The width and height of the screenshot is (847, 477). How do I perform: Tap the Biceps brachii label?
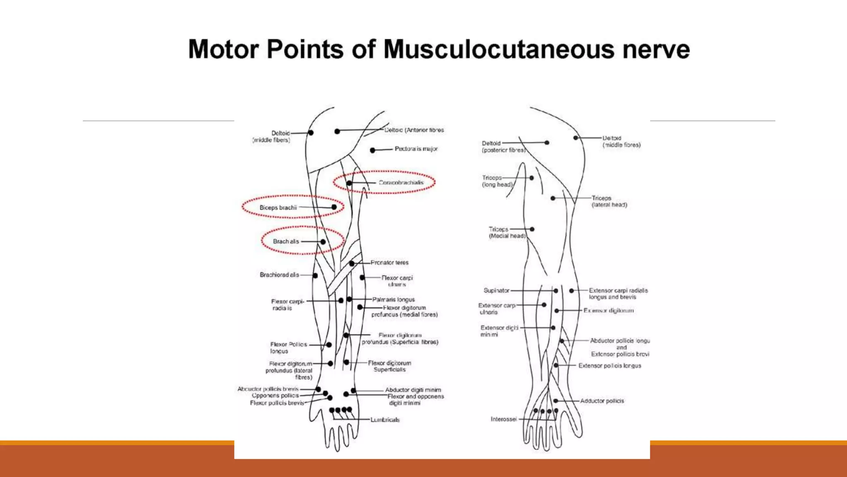point(278,207)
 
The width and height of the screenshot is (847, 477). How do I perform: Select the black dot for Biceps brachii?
point(334,207)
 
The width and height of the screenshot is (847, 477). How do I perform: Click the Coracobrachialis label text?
point(401,183)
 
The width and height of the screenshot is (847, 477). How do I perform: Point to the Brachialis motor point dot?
point(323,242)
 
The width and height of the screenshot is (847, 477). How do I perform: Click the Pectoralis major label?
point(416,149)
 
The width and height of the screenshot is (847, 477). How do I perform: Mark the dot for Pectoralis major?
point(373,150)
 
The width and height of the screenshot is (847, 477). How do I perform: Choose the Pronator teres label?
point(390,263)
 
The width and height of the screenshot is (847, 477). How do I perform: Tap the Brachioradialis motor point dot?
point(315,276)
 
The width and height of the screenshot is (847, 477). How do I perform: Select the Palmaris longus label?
point(393,299)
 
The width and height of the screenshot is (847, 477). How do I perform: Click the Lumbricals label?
point(385,420)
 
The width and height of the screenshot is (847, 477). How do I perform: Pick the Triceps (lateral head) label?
point(609,202)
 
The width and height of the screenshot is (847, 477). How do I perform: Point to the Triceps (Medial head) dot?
point(532,229)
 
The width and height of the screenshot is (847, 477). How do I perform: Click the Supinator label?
point(497,291)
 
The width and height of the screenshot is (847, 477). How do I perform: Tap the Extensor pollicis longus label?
point(610,366)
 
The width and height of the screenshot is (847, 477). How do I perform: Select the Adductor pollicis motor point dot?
point(556,401)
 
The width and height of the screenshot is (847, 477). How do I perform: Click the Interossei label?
point(504,419)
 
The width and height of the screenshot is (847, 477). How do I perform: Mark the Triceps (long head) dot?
point(532,178)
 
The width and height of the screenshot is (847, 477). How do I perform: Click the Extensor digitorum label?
point(608,311)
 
